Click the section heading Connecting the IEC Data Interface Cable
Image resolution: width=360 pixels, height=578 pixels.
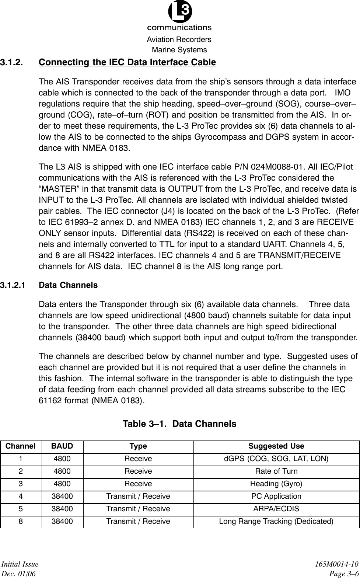pos(127,62)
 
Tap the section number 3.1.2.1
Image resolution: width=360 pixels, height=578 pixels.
pos(13,285)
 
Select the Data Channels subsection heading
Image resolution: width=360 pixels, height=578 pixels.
pos(68,285)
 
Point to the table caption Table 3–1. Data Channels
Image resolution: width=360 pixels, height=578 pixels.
pos(179,424)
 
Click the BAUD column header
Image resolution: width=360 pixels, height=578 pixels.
pos(62,446)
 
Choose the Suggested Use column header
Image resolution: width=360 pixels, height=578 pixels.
pos(276,446)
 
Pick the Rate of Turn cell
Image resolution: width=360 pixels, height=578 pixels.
pos(276,471)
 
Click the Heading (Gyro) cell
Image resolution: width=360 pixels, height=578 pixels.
pos(276,484)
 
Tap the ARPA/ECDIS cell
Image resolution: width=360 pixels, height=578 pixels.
pos(276,509)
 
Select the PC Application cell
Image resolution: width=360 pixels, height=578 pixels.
pos(276,496)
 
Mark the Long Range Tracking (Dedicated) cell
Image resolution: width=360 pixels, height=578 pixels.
pos(276,521)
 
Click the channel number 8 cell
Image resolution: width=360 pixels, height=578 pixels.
pos(21,521)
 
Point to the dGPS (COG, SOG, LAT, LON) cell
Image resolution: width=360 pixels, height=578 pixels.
pos(276,459)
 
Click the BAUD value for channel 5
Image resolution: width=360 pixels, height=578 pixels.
pos(62,509)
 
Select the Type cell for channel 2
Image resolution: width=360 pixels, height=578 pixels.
pos(138,471)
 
